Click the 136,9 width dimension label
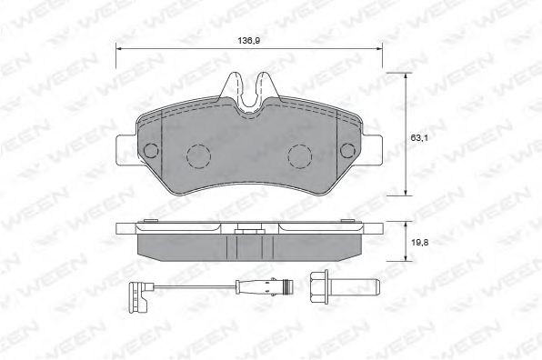pos(248,40)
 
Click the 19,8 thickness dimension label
pos(420,243)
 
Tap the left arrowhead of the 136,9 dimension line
pos(118,49)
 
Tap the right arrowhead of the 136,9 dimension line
pos(379,49)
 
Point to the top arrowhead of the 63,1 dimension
pos(406,76)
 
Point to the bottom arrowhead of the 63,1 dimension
pos(406,192)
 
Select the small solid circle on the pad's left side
pos(151,151)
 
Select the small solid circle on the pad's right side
pos(347,150)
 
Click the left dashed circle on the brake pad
pos(198,156)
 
